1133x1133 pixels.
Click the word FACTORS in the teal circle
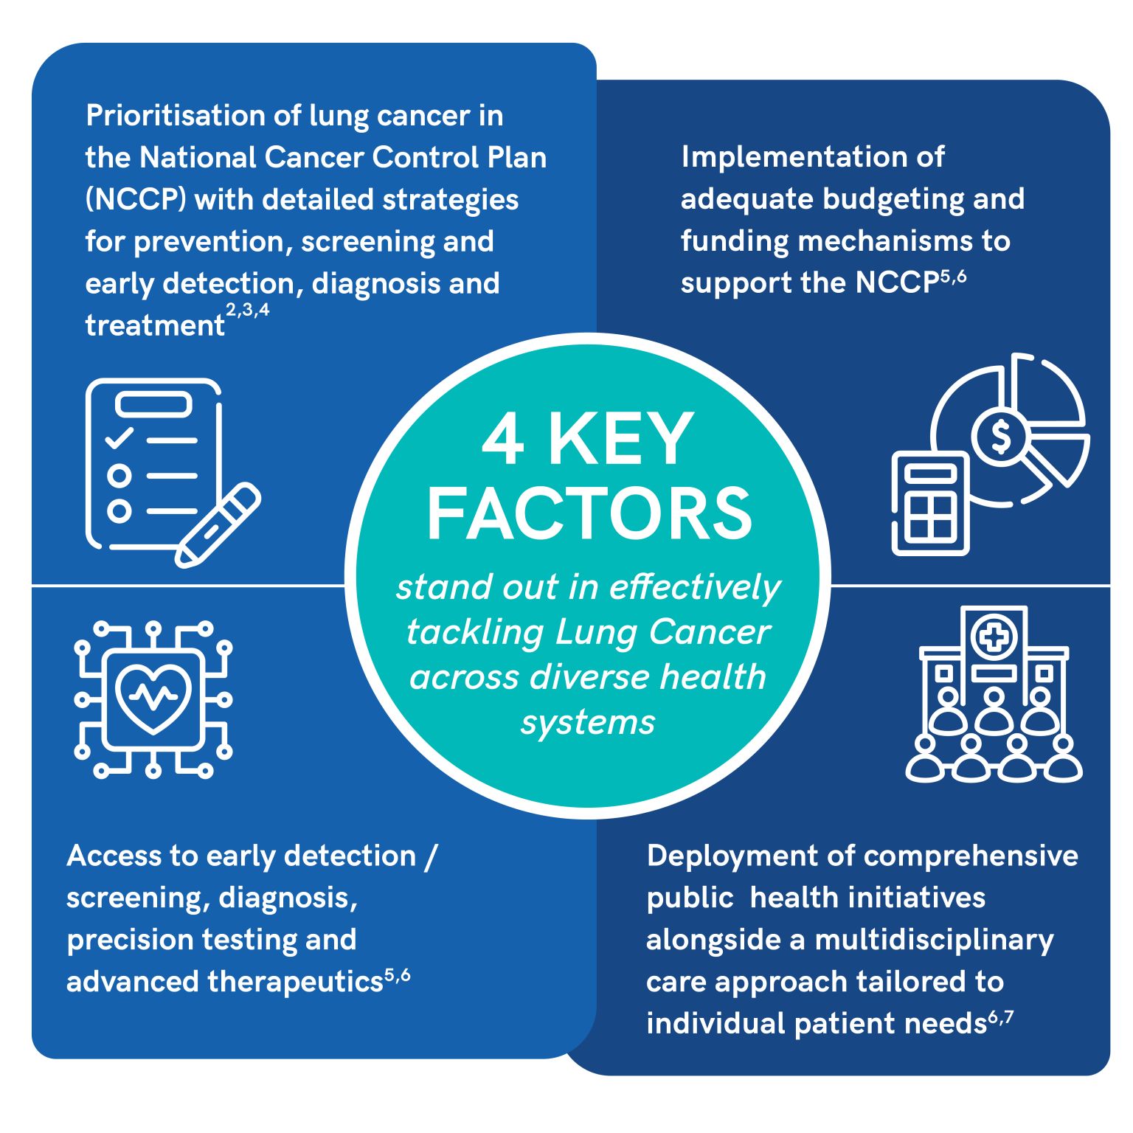[x=589, y=513]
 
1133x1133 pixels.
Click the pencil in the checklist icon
[x=218, y=525]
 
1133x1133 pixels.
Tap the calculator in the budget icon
[x=930, y=502]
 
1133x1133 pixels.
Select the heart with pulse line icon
[x=153, y=697]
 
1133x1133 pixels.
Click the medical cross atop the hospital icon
[x=994, y=637]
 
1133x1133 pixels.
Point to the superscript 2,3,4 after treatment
[x=248, y=311]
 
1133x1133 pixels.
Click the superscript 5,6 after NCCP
[x=953, y=278]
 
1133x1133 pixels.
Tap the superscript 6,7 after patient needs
[x=1001, y=1019]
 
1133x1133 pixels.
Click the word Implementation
[x=812, y=158]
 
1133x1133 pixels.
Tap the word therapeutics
[x=295, y=983]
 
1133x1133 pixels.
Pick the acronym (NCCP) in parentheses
[x=136, y=200]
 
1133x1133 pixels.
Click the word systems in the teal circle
[x=588, y=723]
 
